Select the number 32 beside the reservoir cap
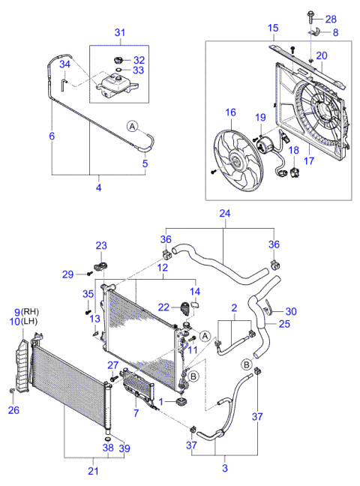click(x=140, y=60)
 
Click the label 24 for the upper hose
click(x=223, y=212)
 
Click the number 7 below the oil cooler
click(x=135, y=412)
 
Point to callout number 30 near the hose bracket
click(x=290, y=311)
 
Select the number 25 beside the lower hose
click(x=283, y=324)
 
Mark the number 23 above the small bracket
click(x=101, y=245)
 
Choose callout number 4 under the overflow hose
click(x=97, y=187)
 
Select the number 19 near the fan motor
click(x=261, y=117)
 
